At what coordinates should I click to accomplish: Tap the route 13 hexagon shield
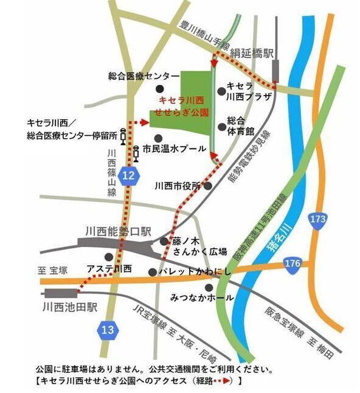(107, 330)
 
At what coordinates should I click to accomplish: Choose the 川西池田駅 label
(71, 308)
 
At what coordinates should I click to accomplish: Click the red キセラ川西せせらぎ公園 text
(183, 106)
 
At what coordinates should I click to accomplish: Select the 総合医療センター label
(139, 75)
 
